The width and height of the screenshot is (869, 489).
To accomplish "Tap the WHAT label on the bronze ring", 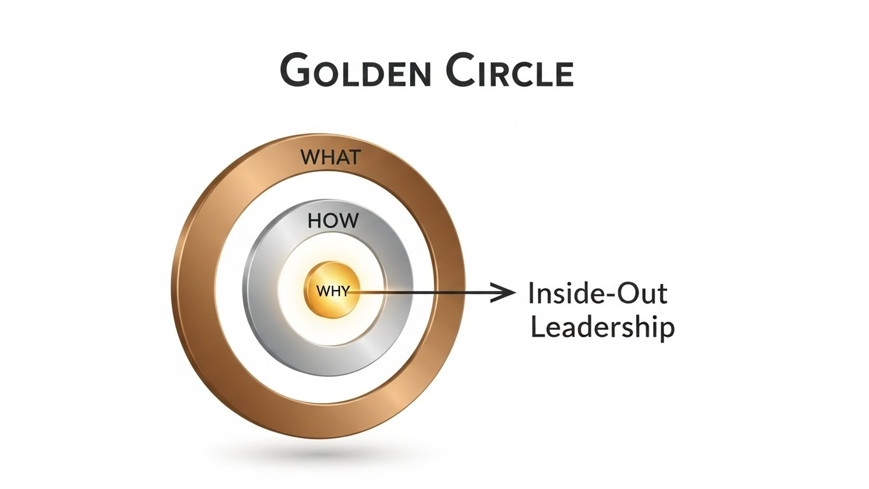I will tap(330, 157).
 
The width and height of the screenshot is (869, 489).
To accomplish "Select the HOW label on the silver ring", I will tap(333, 221).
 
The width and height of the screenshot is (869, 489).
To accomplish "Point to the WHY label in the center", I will tap(333, 292).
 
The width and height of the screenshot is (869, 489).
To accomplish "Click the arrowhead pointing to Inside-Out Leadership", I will tap(506, 293).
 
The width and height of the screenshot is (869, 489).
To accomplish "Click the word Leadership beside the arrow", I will tap(602, 327).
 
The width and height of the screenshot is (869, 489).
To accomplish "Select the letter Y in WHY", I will tap(344, 292).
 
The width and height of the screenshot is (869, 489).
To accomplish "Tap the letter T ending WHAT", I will tap(354, 157).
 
